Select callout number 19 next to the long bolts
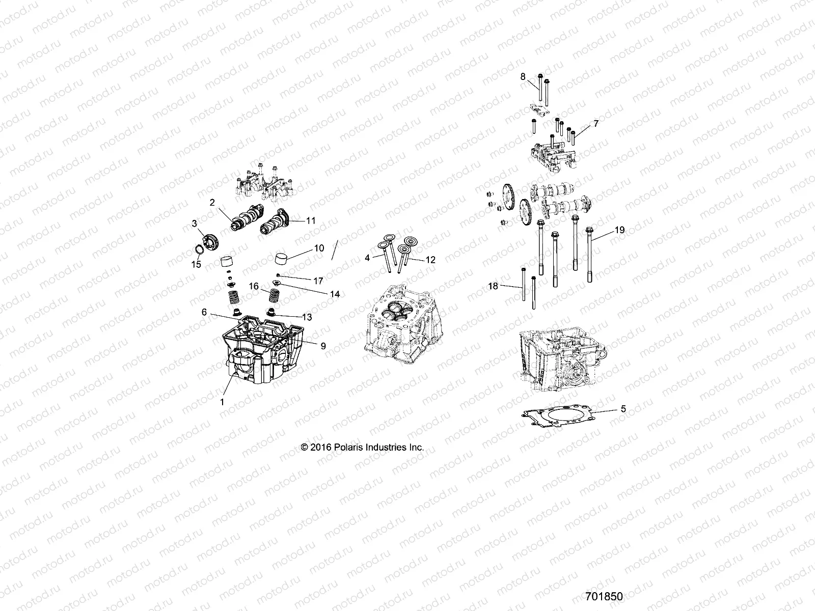(x=619, y=230)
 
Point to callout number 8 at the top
(x=523, y=76)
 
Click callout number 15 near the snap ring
(x=196, y=265)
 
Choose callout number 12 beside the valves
(x=430, y=260)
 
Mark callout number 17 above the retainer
(x=318, y=281)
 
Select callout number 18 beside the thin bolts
(x=493, y=286)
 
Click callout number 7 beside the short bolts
(x=581, y=124)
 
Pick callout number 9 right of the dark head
(x=323, y=346)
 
